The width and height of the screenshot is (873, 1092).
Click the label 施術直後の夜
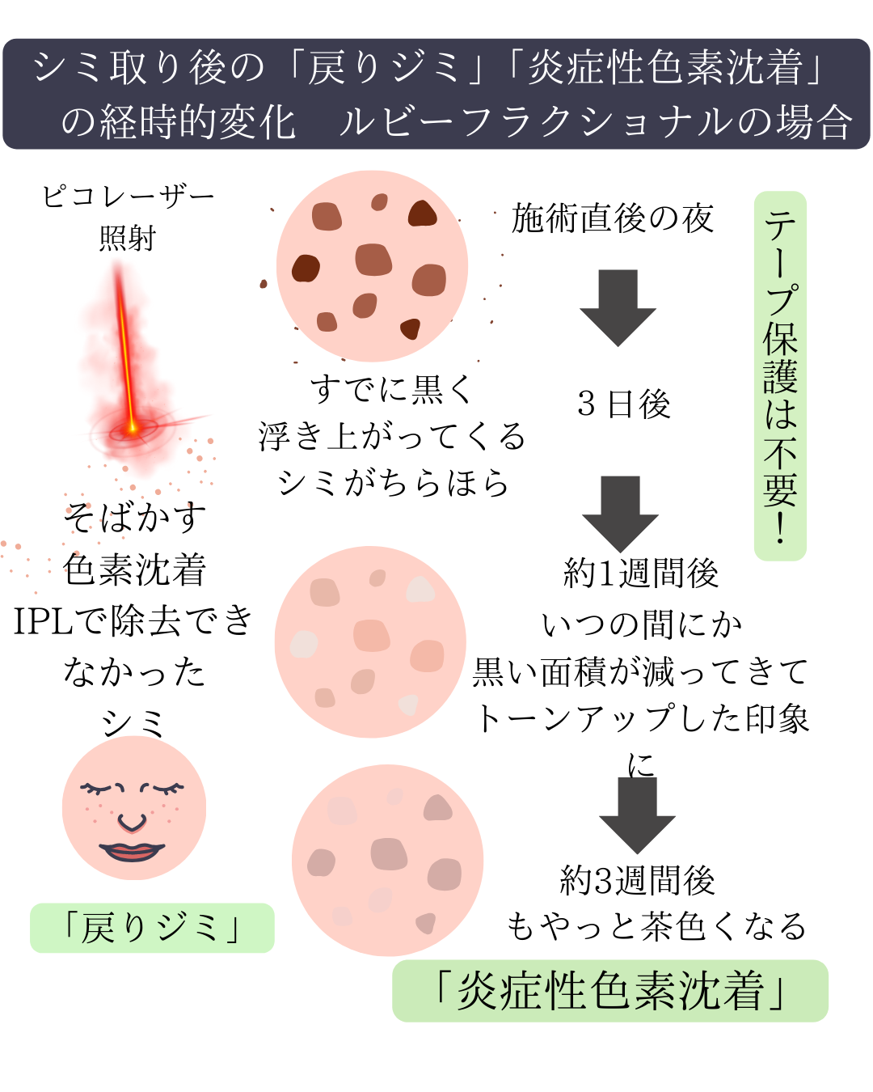tap(613, 218)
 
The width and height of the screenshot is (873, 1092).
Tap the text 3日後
tap(624, 404)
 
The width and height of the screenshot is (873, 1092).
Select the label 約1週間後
tap(641, 573)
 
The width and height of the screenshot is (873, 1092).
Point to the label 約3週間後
tap(637, 880)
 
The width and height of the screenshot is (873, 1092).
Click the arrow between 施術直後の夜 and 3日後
tap(618, 308)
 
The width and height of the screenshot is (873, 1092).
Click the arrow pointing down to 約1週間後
tap(620, 514)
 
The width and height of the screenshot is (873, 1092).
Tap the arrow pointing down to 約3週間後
tap(637, 815)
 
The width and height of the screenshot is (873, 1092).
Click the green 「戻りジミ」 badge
tap(152, 928)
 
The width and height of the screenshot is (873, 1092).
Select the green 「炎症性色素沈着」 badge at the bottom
tap(610, 991)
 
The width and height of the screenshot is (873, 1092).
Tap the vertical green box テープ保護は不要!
tap(780, 376)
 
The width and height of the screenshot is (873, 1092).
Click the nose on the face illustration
tap(132, 823)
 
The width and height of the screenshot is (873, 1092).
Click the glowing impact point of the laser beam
tap(132, 429)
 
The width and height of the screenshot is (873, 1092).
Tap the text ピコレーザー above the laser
tap(128, 197)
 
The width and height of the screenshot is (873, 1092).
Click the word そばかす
tap(135, 517)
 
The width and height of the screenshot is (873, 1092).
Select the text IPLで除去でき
tap(133, 620)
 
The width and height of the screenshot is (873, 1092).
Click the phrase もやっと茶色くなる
tap(656, 925)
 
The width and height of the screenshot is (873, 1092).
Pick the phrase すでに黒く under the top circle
tap(391, 390)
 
